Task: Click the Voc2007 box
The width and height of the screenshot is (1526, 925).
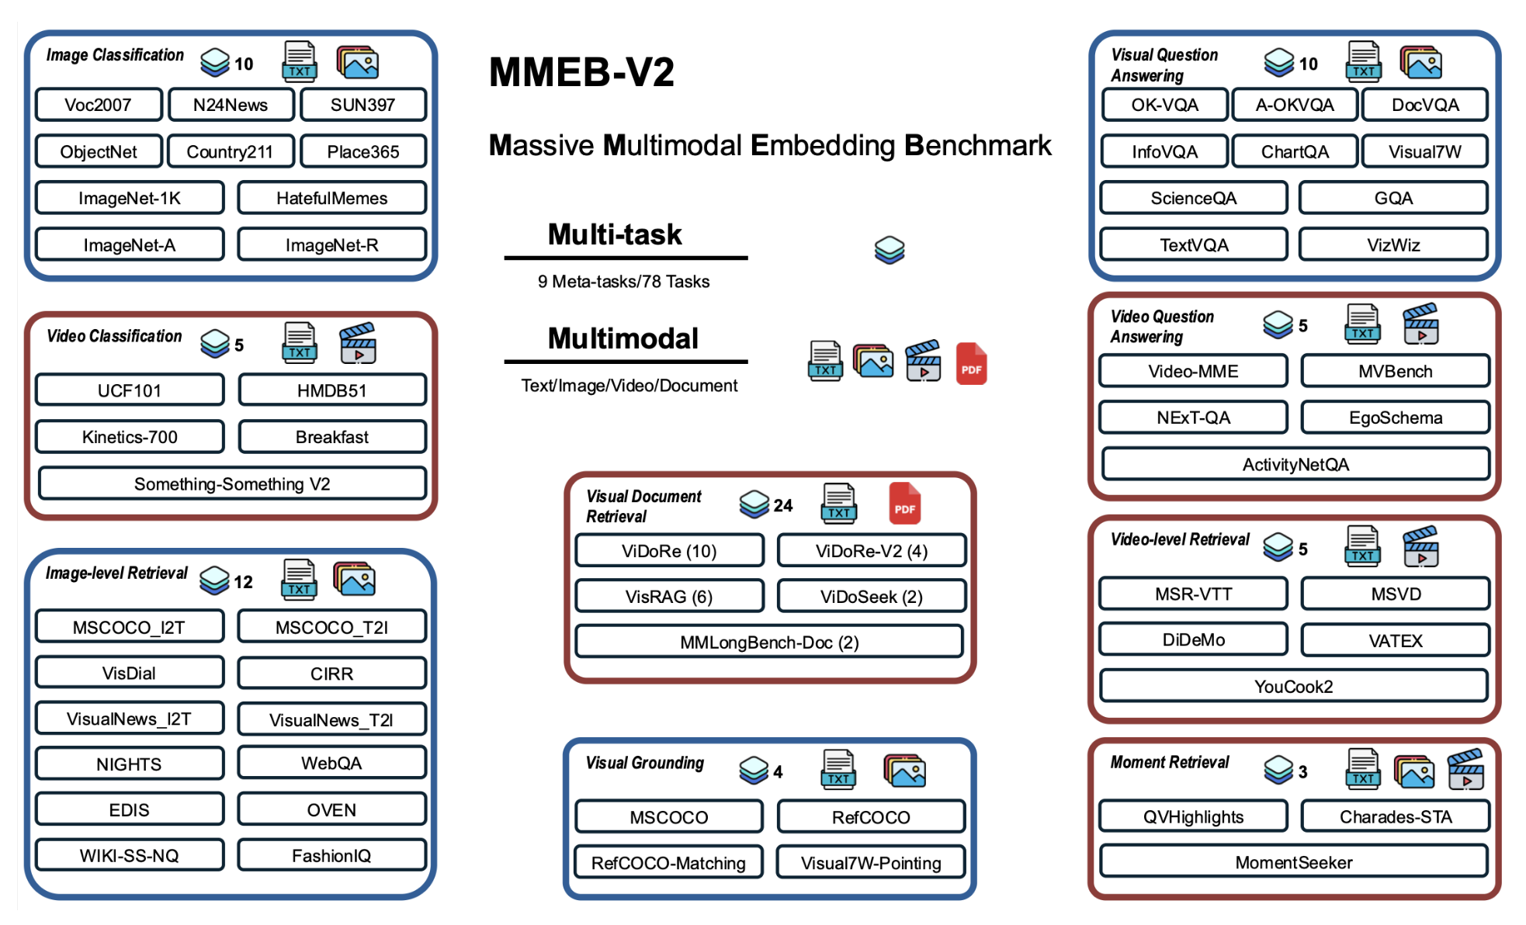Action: [99, 105]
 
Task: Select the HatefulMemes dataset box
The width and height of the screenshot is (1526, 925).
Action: [331, 198]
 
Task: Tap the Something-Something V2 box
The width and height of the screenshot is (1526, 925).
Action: [232, 483]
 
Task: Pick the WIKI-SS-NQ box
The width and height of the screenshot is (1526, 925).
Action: [130, 855]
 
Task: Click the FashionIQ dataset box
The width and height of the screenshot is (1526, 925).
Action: [331, 855]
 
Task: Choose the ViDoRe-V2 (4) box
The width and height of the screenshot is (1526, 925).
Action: [871, 551]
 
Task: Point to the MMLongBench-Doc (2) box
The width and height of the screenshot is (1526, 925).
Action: [769, 642]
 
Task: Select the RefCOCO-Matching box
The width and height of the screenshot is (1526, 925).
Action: [668, 862]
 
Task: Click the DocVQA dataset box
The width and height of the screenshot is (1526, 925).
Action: [1424, 105]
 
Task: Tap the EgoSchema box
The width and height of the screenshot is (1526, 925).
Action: [1395, 417]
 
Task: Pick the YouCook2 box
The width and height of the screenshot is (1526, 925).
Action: [1293, 686]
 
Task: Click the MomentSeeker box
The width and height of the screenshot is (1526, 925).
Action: [1293, 861]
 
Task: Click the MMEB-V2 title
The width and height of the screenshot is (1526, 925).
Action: [581, 72]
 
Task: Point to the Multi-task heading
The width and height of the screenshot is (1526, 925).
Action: [615, 234]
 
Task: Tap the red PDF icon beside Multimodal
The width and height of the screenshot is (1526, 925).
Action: [971, 363]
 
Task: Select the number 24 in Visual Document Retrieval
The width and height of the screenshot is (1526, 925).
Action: [783, 506]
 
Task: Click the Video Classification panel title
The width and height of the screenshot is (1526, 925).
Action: [114, 336]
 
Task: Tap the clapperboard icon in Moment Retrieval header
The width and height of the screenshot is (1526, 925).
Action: [1465, 769]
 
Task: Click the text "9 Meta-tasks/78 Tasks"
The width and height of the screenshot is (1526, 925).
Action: [623, 282]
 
